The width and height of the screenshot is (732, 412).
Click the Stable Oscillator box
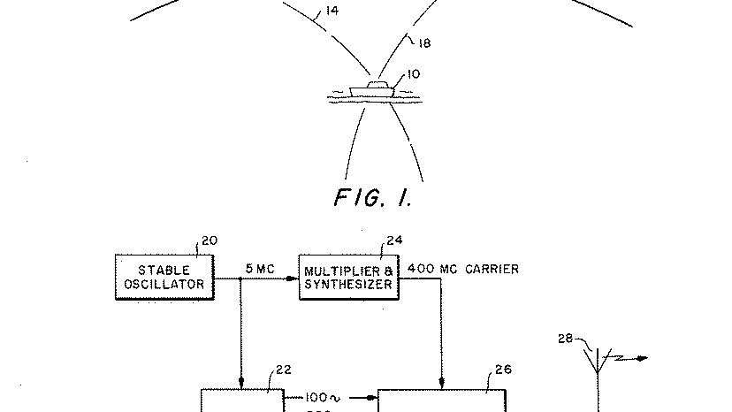[164, 276]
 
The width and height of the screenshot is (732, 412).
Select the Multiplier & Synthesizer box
[349, 276]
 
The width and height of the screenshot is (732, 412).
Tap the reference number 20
[210, 240]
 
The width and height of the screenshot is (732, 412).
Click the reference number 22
[284, 370]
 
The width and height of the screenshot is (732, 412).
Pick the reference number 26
[502, 370]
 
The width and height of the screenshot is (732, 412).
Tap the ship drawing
[372, 90]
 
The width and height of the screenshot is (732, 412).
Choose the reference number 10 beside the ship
[413, 75]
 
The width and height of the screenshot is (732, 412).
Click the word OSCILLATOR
[164, 284]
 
